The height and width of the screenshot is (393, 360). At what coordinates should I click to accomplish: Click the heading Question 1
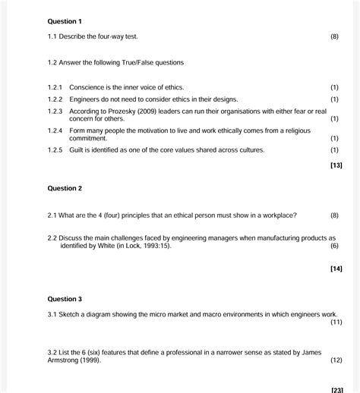tap(65, 21)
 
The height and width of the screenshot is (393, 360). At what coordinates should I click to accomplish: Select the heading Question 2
tap(65, 188)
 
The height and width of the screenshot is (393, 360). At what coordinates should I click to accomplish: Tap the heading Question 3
tap(65, 299)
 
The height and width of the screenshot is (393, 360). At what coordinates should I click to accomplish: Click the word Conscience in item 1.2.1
tap(88, 87)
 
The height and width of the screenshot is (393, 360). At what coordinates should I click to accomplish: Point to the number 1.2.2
tap(55, 99)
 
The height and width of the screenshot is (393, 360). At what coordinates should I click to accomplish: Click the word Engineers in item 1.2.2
tap(87, 99)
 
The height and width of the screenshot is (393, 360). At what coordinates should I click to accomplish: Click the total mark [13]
tap(336, 165)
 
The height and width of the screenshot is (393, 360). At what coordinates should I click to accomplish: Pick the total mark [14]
tap(336, 269)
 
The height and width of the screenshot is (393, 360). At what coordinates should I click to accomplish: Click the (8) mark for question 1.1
tap(335, 36)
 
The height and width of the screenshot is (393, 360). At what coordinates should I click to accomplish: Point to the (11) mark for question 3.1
tap(335, 322)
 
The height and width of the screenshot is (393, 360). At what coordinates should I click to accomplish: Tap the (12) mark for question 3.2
tap(335, 360)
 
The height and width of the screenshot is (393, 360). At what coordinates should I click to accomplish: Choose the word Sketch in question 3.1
tap(72, 314)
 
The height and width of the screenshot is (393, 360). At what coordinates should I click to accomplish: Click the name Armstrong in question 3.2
tap(65, 360)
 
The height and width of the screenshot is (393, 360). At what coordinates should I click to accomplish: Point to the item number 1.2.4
tap(55, 130)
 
